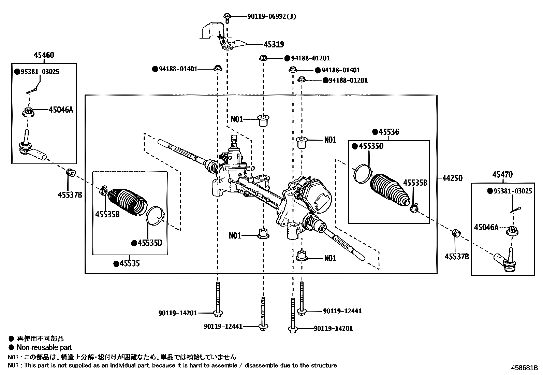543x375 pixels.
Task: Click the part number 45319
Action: point(274,44)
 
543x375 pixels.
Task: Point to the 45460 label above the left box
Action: point(44,55)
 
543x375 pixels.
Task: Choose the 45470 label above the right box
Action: point(502,175)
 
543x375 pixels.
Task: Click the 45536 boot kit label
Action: point(388,132)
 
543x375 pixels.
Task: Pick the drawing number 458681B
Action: point(524,368)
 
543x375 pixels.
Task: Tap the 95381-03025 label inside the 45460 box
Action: point(40,72)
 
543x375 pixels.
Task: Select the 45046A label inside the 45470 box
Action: point(486,227)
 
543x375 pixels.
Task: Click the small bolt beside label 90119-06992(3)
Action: point(227,16)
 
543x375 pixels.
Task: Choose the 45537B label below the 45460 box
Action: point(70,195)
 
